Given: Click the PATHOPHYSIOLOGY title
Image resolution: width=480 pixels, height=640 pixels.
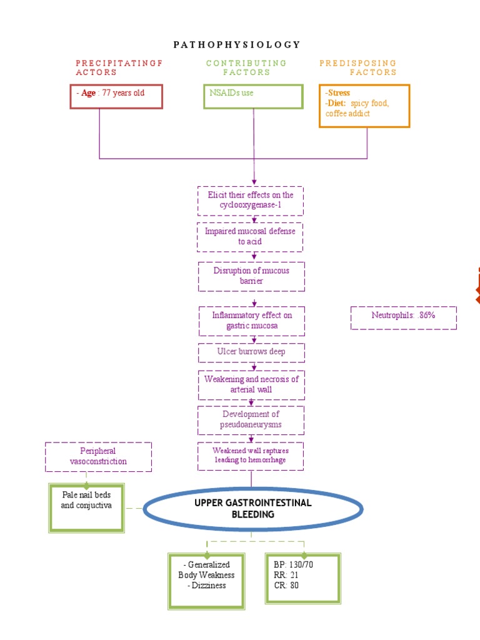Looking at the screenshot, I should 236,44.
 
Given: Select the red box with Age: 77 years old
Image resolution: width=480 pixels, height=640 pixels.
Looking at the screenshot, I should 116,96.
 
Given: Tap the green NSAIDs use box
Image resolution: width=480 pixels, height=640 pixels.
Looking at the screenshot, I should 253,96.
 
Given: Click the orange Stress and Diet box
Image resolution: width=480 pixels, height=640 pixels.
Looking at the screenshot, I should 364,106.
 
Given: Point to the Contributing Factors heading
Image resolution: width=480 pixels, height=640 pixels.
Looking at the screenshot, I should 246,67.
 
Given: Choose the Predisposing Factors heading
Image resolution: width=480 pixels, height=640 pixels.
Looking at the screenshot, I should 358,67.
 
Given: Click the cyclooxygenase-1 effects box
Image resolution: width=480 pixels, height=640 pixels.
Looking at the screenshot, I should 251,200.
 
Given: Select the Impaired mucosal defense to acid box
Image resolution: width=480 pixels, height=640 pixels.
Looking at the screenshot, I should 251,236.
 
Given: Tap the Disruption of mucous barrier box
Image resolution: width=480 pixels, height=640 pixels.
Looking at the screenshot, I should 251,276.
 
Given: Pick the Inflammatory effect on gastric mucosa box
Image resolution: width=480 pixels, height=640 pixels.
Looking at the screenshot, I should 251,321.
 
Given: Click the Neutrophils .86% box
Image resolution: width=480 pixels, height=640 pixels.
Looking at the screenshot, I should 403,316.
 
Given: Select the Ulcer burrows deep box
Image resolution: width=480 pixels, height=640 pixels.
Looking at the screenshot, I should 251,352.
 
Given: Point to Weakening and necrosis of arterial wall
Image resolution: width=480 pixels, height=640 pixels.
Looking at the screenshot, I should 251,384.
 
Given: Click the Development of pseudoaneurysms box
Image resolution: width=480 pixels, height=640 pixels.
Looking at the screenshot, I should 251,419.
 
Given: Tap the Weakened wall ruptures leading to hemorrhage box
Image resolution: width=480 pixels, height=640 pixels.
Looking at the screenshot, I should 251,456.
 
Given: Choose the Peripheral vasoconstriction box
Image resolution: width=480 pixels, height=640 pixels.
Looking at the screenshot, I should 98,456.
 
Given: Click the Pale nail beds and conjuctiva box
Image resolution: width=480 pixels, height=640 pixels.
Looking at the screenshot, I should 86,506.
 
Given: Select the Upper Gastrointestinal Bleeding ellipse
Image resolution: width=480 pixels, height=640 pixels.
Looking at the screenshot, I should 252,509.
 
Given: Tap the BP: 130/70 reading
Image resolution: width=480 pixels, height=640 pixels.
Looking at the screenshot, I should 292,565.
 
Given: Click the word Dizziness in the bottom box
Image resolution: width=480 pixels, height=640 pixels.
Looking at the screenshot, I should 207,586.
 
